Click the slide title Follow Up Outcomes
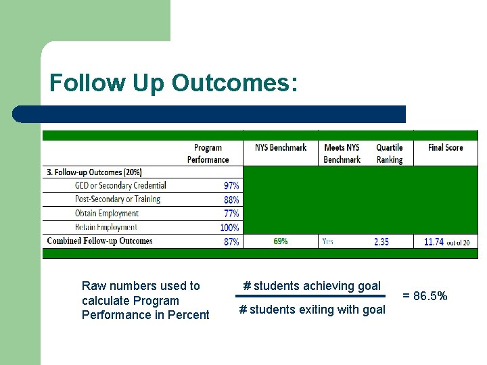point(172,83)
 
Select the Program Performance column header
point(208,153)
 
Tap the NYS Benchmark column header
point(280,147)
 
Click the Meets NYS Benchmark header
point(342,153)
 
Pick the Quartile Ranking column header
point(389,153)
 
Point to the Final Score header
point(445,147)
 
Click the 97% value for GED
point(231,185)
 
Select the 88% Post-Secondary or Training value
point(231,199)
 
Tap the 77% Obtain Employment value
point(231,214)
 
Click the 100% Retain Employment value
point(229,228)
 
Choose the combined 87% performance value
point(231,241)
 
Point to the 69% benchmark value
point(280,241)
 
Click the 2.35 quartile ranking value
point(381,241)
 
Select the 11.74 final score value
point(434,241)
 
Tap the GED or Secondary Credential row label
point(120,185)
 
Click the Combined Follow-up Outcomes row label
point(99,241)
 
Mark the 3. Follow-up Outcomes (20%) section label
point(94,172)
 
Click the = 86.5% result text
point(425,295)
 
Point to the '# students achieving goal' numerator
point(312,286)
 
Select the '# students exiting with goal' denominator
point(312,310)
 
